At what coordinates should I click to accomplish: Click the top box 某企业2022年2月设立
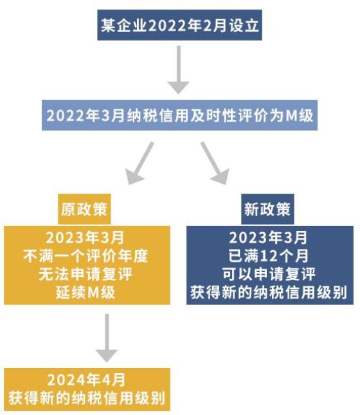(x=179, y=25)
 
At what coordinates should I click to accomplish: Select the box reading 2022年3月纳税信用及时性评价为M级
(x=179, y=115)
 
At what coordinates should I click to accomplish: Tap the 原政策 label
(x=84, y=209)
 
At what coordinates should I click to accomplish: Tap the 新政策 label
(x=267, y=209)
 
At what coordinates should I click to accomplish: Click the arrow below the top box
(x=179, y=70)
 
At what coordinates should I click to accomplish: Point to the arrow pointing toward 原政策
(x=139, y=163)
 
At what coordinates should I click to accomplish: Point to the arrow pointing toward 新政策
(x=215, y=163)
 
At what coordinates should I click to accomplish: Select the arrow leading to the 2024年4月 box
(x=107, y=338)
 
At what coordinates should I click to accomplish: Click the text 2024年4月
(x=86, y=380)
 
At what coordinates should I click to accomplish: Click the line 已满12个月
(x=269, y=256)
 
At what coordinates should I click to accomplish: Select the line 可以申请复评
(x=269, y=274)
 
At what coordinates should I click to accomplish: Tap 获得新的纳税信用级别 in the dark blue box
(x=269, y=292)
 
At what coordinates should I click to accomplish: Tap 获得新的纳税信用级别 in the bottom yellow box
(x=87, y=398)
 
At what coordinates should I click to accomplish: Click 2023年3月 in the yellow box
(x=85, y=237)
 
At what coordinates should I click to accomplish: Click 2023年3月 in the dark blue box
(x=268, y=237)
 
